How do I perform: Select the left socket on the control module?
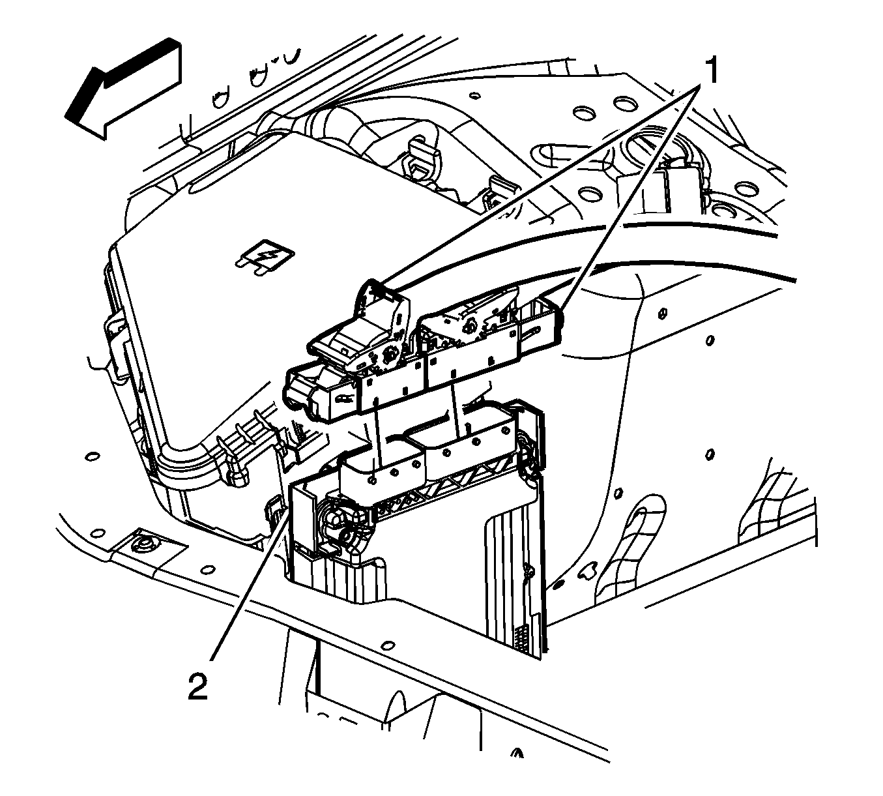coord(378,466)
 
